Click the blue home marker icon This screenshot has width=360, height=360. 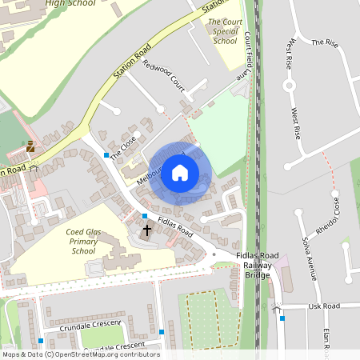[x=180, y=172]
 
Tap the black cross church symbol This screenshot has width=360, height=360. [x=146, y=230]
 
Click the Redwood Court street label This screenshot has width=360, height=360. [x=163, y=76]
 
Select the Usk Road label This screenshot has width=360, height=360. [x=324, y=306]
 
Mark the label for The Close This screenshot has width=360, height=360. [x=123, y=145]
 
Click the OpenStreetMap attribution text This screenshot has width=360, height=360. [x=80, y=354]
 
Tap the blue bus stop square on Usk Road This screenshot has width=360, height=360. [x=282, y=318]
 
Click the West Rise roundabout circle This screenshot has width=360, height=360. [x=289, y=86]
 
